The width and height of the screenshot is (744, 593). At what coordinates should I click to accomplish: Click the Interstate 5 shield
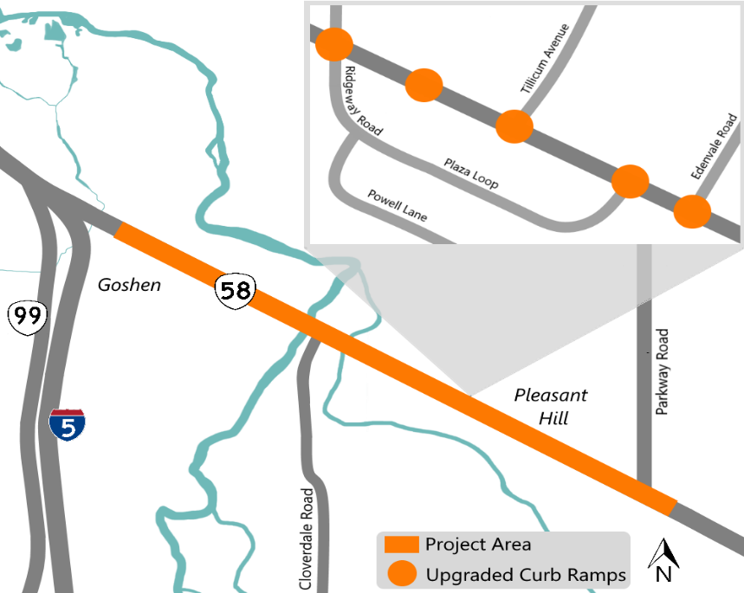tap(67, 424)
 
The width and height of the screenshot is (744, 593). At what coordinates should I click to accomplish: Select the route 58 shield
tap(235, 290)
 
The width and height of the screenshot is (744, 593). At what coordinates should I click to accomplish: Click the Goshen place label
tap(129, 285)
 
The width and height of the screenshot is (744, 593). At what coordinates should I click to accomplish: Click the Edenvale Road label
tap(714, 149)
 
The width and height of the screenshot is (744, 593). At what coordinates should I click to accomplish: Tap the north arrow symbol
tap(664, 559)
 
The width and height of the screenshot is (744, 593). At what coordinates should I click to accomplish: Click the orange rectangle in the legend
tap(401, 545)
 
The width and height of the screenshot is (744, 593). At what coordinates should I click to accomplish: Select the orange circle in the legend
tap(401, 573)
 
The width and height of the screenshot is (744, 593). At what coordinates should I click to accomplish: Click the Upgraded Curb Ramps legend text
tap(526, 574)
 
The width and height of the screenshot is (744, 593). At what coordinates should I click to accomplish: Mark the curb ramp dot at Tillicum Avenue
tap(514, 126)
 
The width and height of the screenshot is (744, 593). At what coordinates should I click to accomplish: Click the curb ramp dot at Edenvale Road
tap(692, 212)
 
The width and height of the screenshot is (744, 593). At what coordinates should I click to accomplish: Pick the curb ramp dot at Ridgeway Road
tap(333, 44)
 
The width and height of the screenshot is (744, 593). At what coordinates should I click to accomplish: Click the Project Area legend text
tap(478, 545)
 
